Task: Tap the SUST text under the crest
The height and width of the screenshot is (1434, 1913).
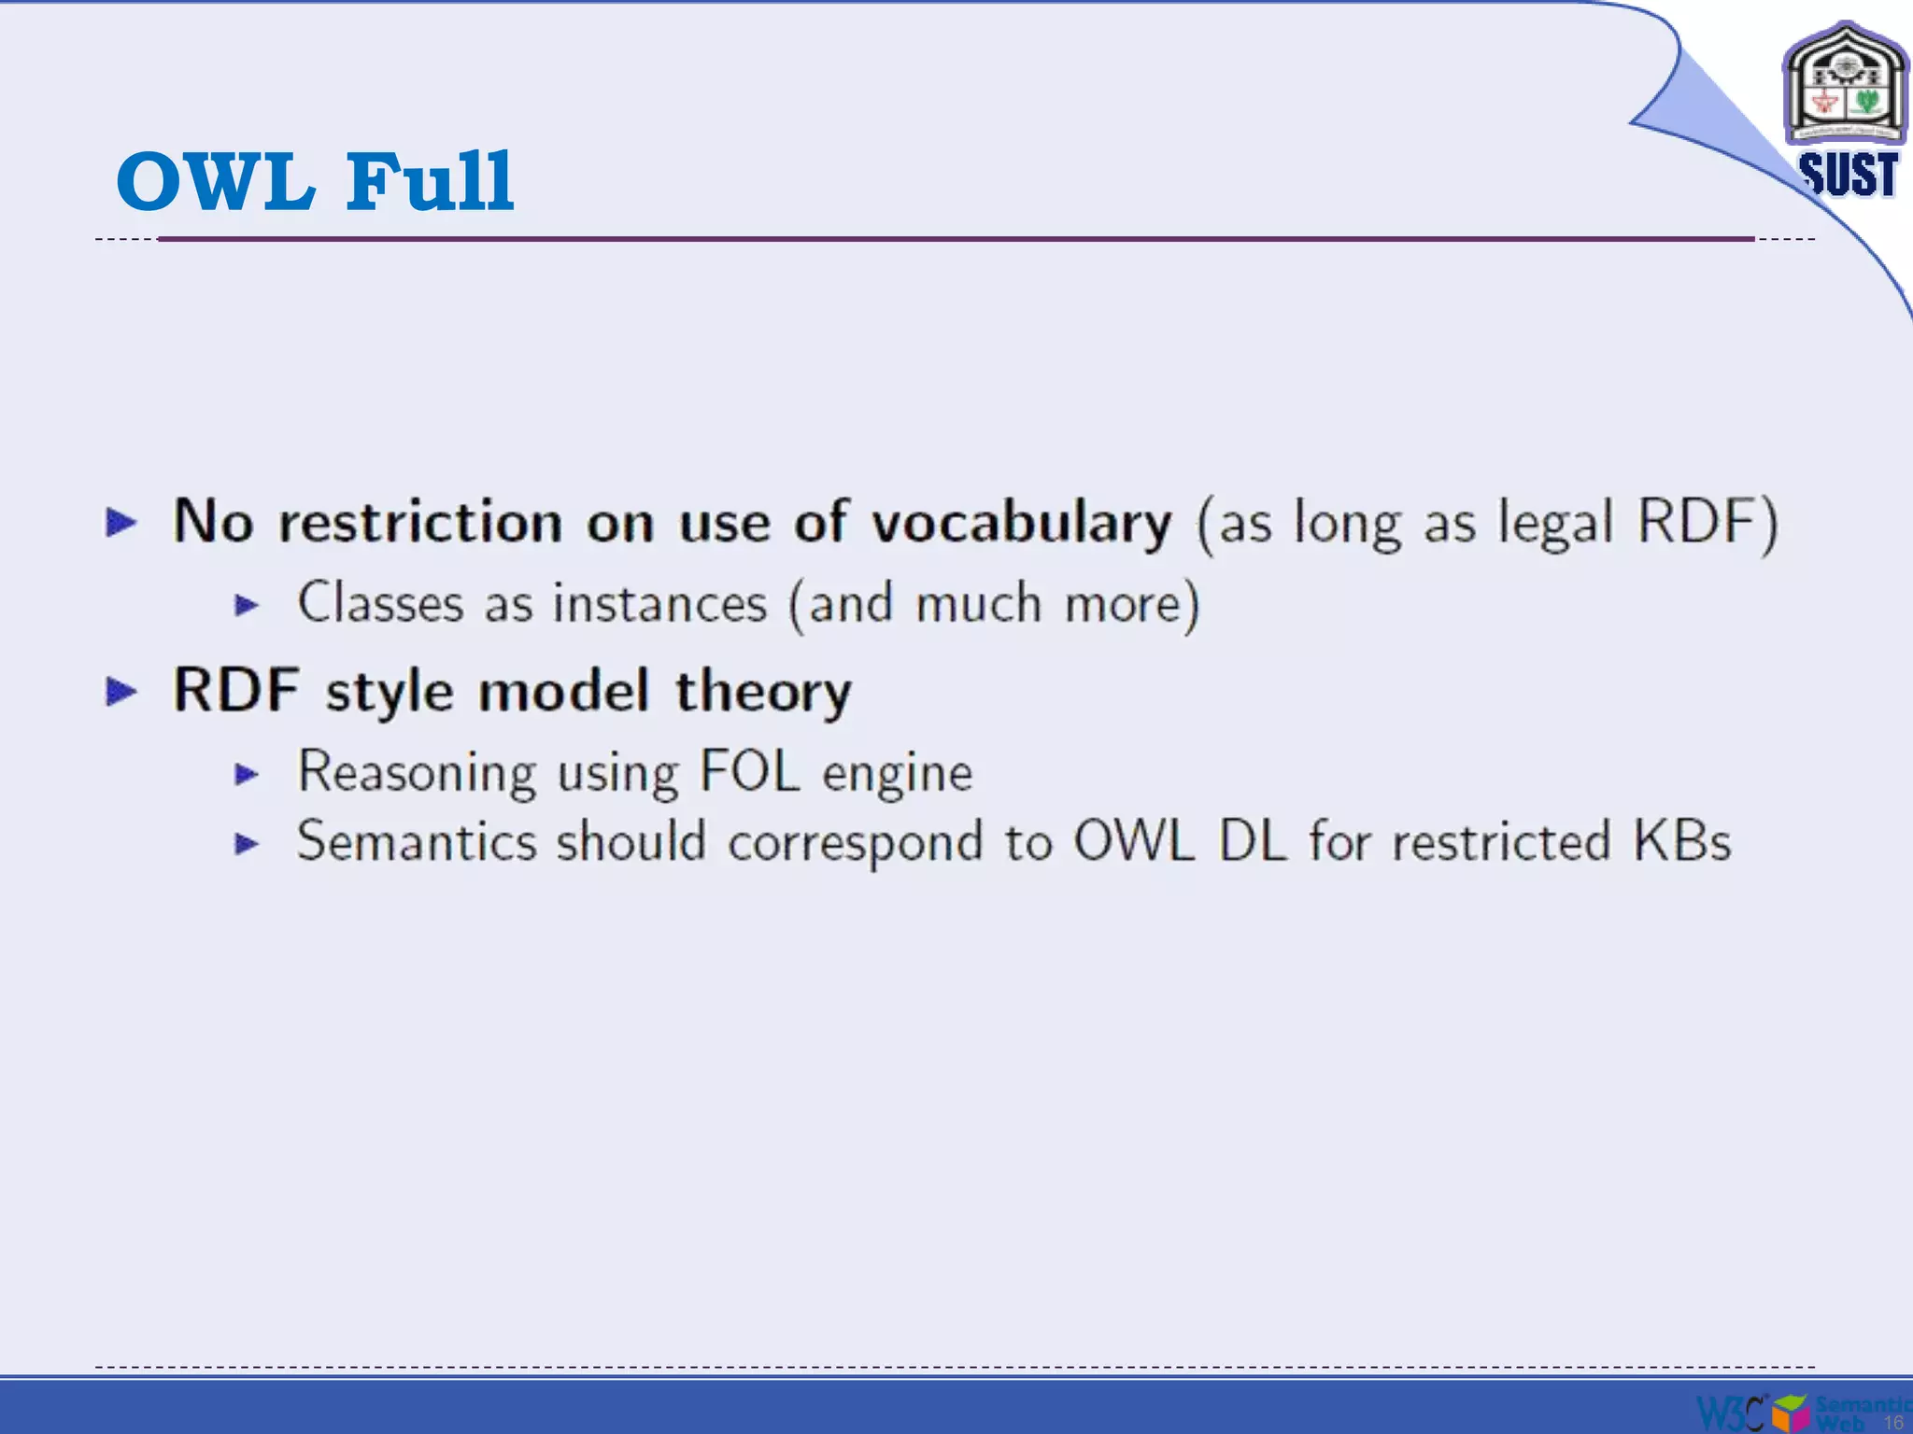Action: point(1848,175)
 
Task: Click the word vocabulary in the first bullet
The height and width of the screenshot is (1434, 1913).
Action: point(1021,522)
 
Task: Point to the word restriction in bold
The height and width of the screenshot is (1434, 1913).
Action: point(420,522)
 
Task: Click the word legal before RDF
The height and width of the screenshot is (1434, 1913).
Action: point(1555,522)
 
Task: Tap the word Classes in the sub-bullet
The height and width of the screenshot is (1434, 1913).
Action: point(380,603)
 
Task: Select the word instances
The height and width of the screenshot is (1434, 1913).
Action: point(659,603)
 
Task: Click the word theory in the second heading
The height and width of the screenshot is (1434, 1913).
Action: point(763,692)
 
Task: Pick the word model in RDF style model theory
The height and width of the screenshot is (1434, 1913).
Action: point(563,692)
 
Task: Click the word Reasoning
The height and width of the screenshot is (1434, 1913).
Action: point(417,773)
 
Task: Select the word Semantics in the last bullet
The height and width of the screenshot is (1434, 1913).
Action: point(417,841)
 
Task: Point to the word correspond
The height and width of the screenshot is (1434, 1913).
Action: point(855,843)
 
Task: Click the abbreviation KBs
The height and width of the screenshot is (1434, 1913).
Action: point(1681,841)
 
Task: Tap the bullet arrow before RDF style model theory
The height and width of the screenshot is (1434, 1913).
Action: point(121,692)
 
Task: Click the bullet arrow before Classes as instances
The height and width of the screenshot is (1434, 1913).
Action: point(247,605)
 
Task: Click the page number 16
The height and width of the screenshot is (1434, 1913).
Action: point(1892,1422)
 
